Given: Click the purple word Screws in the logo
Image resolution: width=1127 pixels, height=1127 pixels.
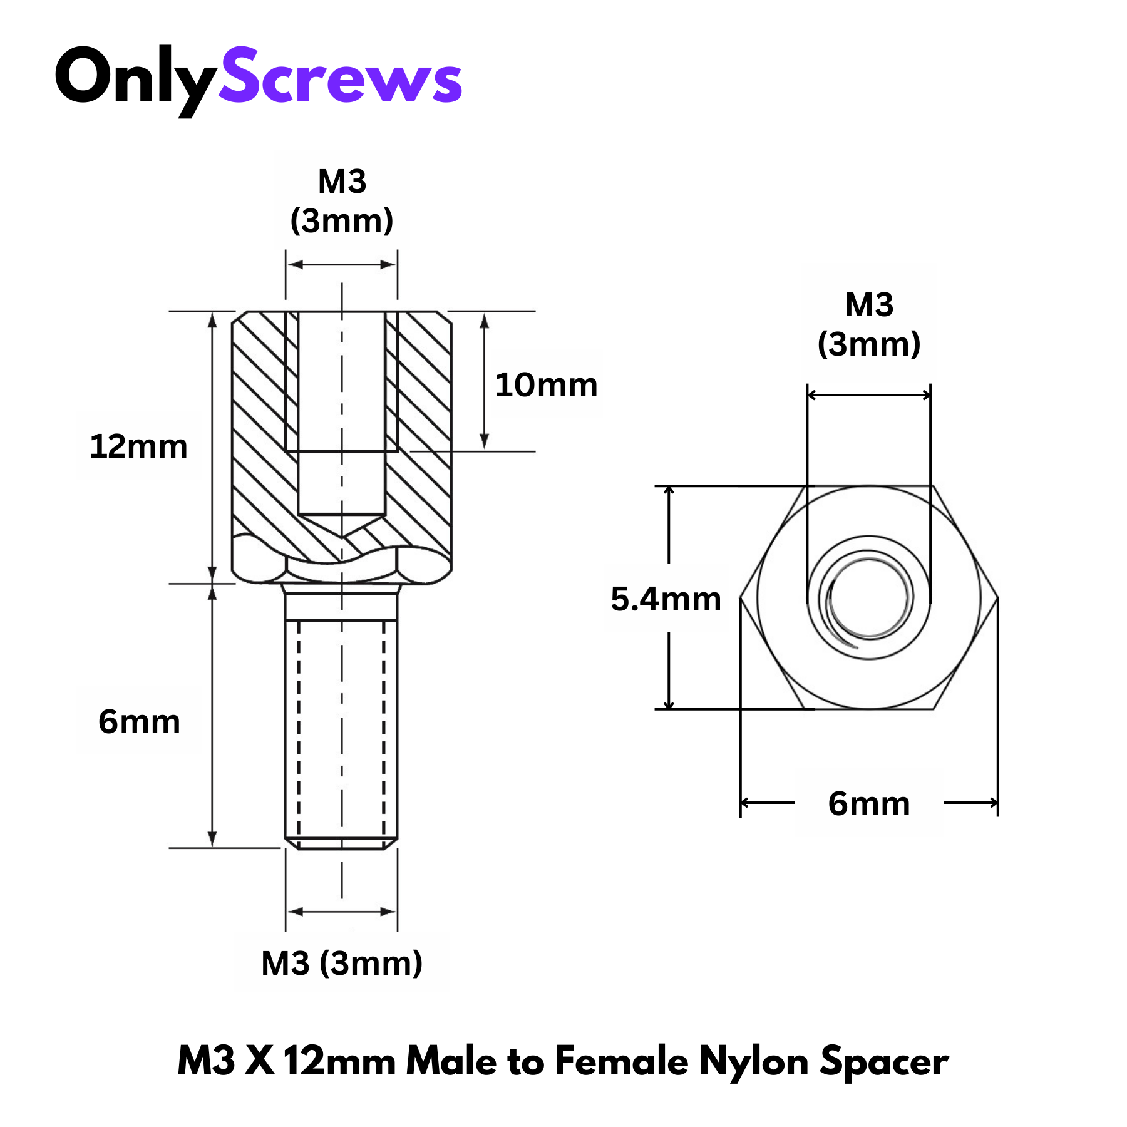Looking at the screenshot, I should tap(340, 76).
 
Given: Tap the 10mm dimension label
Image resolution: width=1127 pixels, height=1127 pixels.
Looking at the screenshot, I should tap(546, 385).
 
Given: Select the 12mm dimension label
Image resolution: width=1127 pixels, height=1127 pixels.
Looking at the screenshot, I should tap(138, 446).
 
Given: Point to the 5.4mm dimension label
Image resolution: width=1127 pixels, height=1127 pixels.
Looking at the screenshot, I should tap(666, 599).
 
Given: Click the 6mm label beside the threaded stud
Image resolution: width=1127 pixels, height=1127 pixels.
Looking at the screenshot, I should tap(139, 721).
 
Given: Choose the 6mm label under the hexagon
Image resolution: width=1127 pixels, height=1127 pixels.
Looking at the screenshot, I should tap(868, 803).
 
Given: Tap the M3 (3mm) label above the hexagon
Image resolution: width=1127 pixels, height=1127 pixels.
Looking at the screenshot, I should tap(869, 324).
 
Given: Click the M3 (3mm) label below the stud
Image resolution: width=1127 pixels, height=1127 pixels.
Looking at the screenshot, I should tap(342, 963).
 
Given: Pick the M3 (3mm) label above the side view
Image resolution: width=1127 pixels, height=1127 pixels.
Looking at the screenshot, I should tap(342, 201).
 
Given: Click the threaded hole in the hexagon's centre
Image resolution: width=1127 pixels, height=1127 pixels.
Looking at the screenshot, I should tap(869, 597).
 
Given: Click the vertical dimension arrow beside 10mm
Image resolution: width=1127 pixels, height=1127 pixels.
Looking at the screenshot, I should tap(484, 382).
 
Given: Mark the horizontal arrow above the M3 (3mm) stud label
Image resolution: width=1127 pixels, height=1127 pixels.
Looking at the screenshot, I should tap(342, 912).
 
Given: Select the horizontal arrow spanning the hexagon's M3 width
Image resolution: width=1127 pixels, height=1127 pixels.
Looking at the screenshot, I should tap(869, 395).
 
